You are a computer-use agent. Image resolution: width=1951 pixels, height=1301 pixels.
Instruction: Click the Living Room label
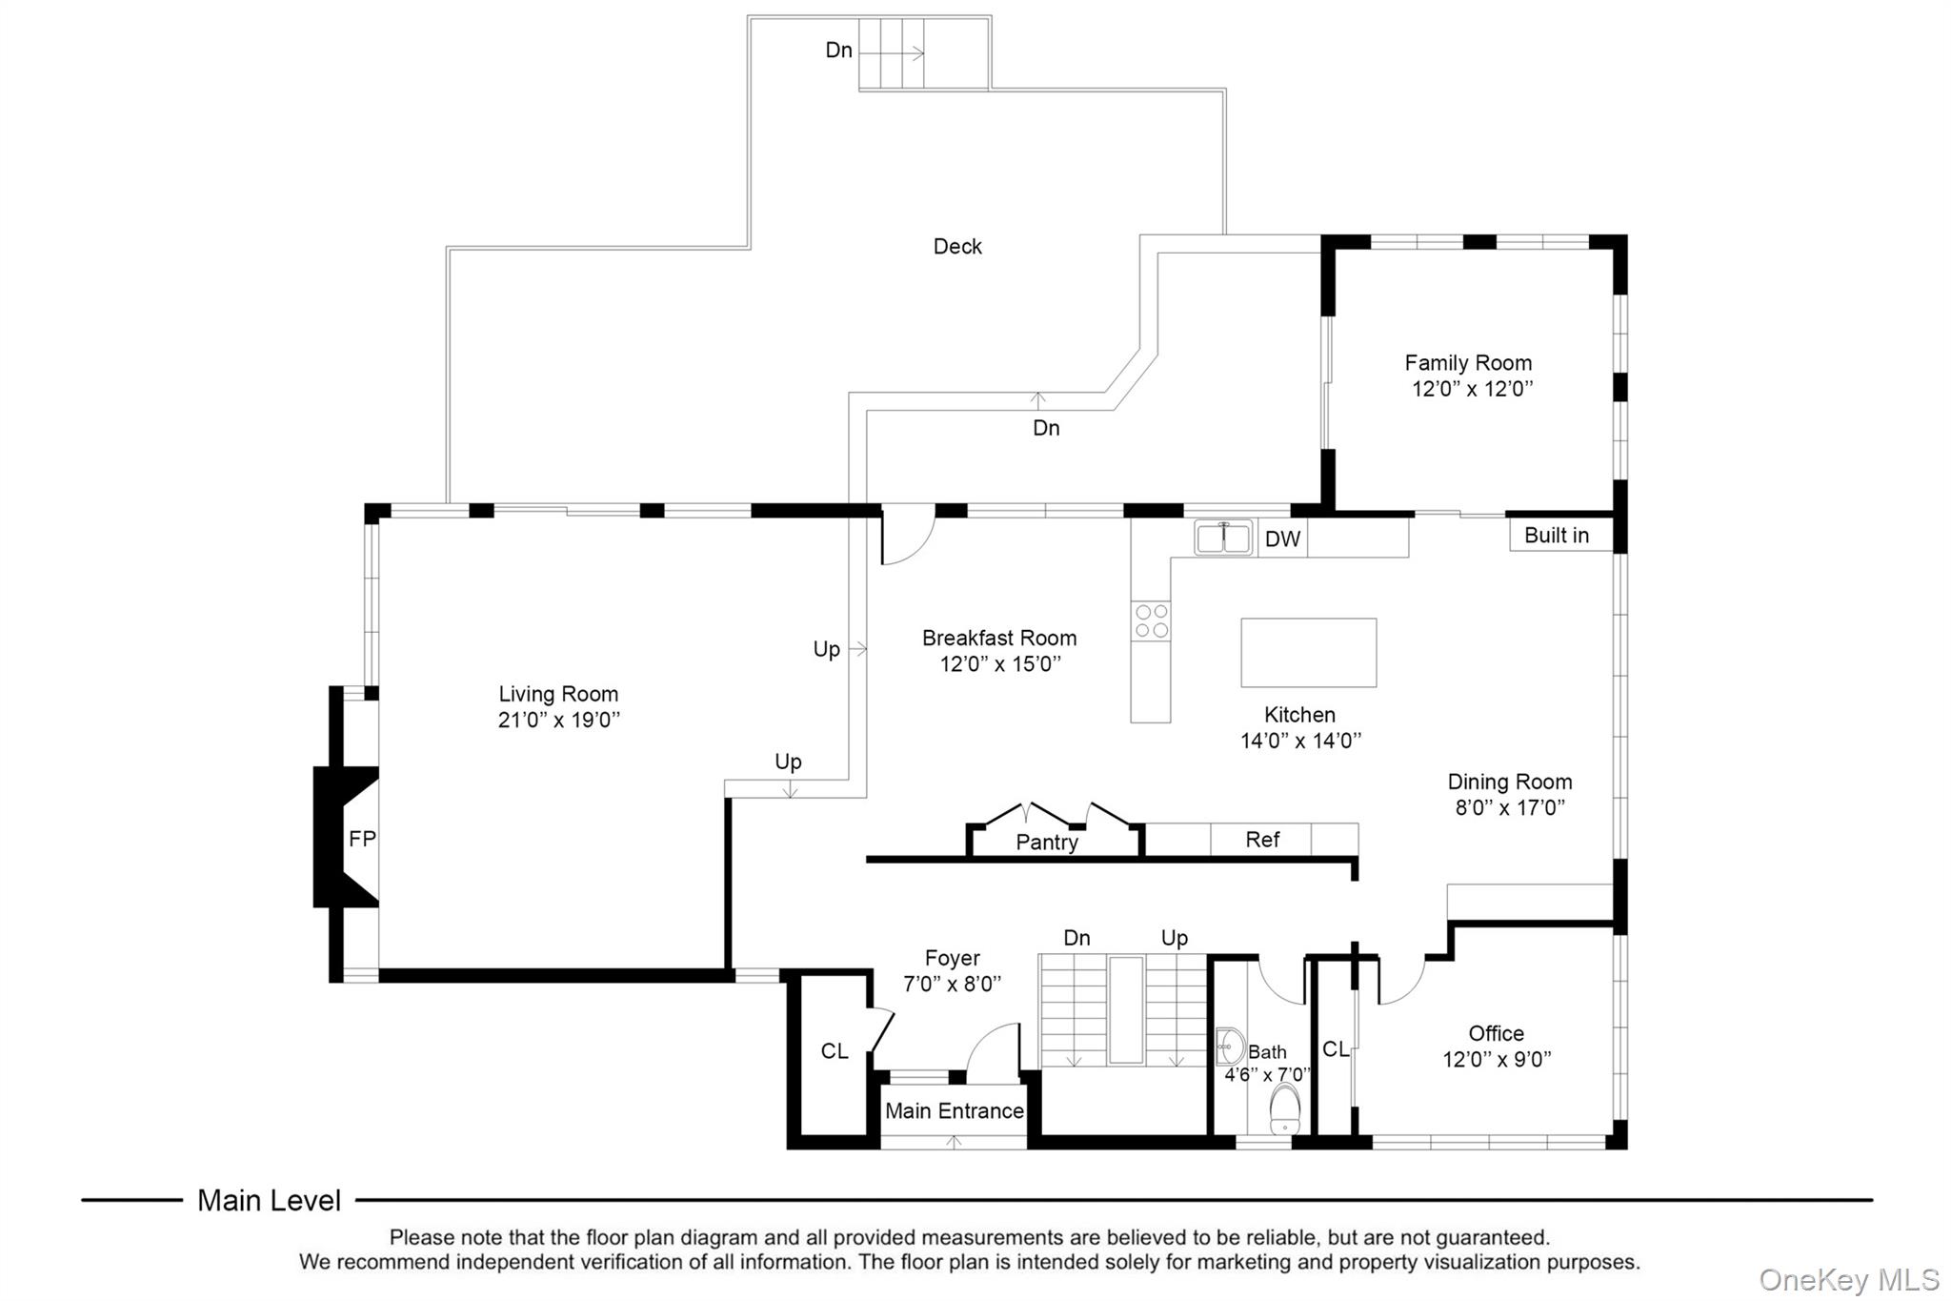point(558,694)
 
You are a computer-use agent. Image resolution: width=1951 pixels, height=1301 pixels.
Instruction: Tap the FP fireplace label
point(362,839)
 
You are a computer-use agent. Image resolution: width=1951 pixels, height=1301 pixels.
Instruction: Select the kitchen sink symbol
point(1224,538)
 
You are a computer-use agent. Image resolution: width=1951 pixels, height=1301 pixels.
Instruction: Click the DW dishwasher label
point(1282,539)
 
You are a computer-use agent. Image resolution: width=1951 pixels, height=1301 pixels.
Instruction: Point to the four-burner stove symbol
point(1151,621)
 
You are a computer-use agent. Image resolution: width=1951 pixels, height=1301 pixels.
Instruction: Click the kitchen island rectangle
point(1308,653)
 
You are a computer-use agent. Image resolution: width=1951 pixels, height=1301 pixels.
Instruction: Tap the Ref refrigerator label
point(1262,840)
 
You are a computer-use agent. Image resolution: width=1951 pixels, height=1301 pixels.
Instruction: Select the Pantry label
point(1047,843)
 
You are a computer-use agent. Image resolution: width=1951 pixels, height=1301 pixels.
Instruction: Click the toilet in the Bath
point(1285,1109)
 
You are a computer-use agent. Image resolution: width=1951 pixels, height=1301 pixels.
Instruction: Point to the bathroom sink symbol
point(1229,1047)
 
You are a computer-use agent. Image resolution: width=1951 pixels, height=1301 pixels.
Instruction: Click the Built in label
point(1557,536)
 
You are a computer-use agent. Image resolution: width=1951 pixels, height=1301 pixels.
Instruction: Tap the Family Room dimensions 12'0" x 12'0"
point(1472,389)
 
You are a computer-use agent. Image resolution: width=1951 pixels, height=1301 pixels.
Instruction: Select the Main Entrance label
point(955,1111)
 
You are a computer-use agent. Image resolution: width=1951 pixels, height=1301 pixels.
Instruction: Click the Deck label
point(957,247)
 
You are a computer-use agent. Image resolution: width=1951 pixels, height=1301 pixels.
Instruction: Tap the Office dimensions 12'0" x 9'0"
point(1497,1060)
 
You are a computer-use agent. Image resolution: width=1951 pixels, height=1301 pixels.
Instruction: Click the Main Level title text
point(269,1201)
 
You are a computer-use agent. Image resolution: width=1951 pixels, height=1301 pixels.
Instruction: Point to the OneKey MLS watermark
point(1848,1279)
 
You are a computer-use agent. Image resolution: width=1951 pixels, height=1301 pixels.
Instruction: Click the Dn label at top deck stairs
point(838,51)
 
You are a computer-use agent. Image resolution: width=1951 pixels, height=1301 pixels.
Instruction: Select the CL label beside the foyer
point(835,1051)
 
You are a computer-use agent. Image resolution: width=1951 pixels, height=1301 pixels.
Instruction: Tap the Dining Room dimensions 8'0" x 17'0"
point(1510,808)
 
